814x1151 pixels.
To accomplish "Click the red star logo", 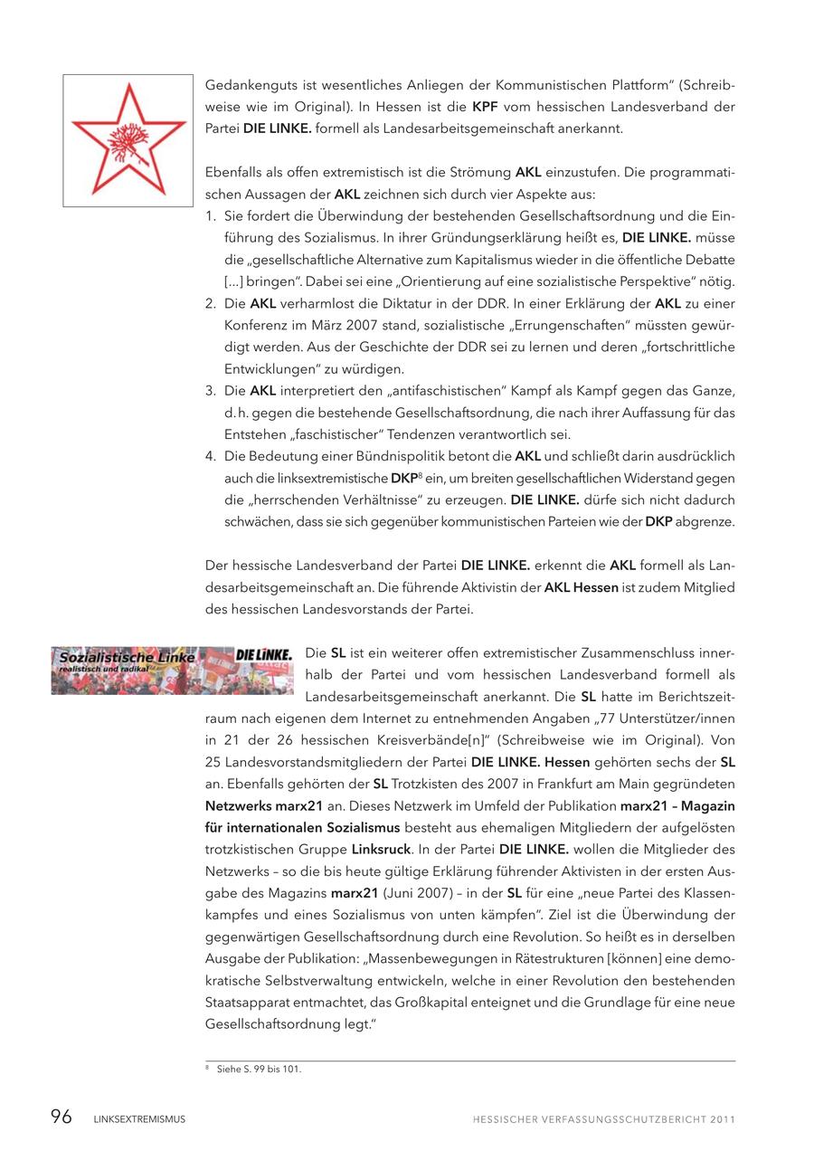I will (128, 139).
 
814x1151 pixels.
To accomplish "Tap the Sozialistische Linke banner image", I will (172, 671).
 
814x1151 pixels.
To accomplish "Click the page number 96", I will (61, 1118).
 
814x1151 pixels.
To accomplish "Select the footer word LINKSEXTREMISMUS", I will (139, 1119).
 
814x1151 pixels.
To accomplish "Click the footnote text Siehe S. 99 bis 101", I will (259, 1070).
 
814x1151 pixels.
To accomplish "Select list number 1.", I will (210, 217).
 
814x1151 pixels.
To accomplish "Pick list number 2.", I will (210, 304).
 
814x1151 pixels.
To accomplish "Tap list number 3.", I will (210, 391).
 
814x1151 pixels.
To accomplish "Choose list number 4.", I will (210, 456).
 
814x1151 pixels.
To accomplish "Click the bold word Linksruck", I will (380, 850).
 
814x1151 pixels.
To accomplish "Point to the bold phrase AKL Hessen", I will (582, 587).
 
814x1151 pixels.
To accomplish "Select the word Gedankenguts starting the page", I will (248, 85).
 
